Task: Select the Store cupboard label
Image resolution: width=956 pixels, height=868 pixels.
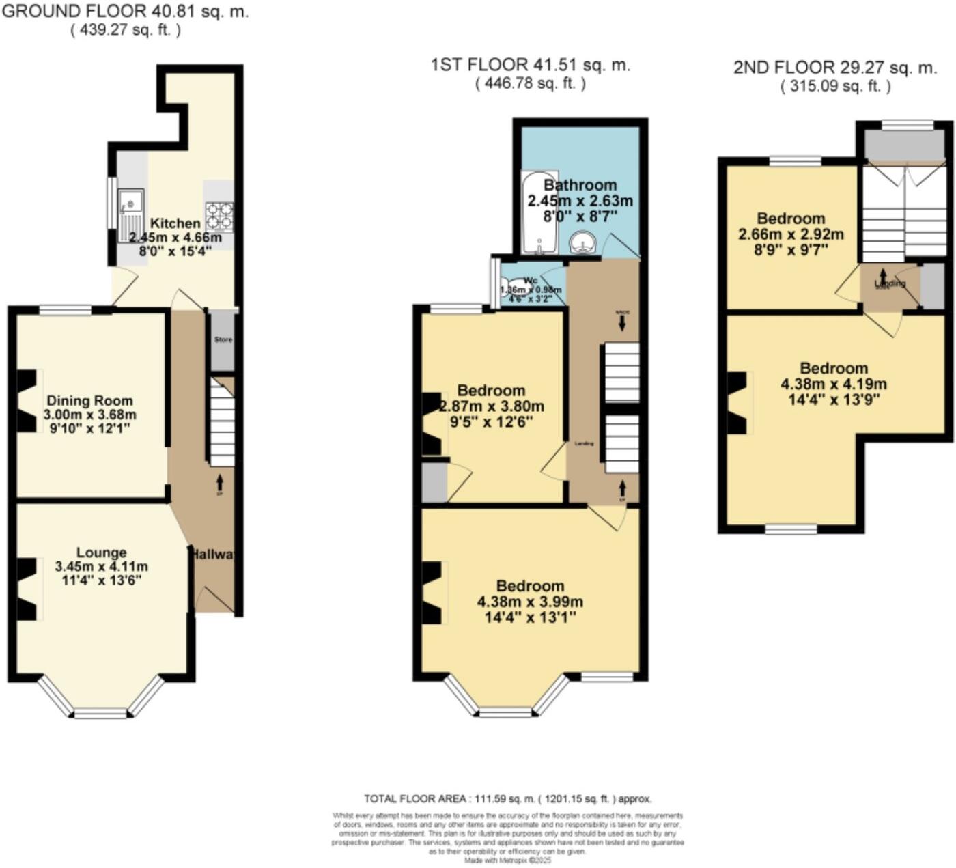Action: point(223,339)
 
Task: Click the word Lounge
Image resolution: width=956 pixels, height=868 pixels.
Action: point(101,552)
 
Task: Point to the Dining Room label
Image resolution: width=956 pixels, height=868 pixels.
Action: point(89,401)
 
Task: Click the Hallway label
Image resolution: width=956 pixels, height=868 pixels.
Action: point(214,555)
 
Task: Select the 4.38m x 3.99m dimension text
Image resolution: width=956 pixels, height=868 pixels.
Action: point(530,602)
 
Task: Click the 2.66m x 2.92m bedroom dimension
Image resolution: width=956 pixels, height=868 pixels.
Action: point(791,234)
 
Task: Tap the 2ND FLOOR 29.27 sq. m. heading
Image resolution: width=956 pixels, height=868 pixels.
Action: point(835,68)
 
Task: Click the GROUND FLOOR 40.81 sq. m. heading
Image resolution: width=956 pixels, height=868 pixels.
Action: point(124,12)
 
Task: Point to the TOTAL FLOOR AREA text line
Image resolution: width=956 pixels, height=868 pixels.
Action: point(507,798)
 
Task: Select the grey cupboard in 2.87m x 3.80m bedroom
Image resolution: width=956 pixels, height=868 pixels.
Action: point(434,484)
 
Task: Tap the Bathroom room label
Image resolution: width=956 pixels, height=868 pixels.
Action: point(580,185)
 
